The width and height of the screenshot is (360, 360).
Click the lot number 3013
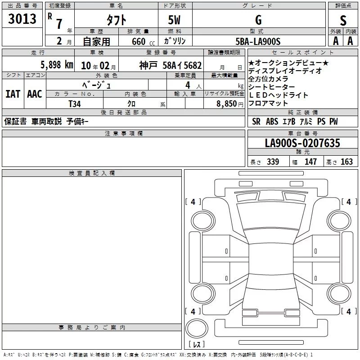pyautogui.click(x=22, y=18)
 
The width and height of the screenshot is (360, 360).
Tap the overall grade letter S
pyautogui.click(x=343, y=20)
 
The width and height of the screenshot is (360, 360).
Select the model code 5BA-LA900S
pyautogui.click(x=258, y=41)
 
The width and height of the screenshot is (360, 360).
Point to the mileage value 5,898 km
pyautogui.click(x=57, y=65)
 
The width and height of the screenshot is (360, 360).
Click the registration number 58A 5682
pyautogui.click(x=182, y=66)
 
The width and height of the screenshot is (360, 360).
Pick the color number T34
pyautogui.click(x=75, y=104)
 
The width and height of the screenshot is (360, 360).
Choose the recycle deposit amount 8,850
pyautogui.click(x=227, y=104)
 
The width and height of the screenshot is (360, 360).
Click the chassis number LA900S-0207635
pyautogui.click(x=302, y=143)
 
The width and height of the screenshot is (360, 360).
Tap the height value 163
pyautogui.click(x=346, y=162)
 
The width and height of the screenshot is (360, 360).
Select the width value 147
pyautogui.click(x=310, y=162)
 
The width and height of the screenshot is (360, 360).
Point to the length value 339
pyautogui.click(x=273, y=162)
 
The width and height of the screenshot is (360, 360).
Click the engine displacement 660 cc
pyautogui.click(x=143, y=42)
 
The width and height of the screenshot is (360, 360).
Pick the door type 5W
pyautogui.click(x=174, y=20)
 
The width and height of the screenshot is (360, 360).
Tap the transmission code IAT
pyautogui.click(x=13, y=94)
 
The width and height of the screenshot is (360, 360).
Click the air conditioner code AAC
pyautogui.click(x=35, y=94)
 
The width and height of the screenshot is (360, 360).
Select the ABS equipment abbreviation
pyautogui.click(x=272, y=121)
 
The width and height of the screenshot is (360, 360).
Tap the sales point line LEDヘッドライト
pyautogui.click(x=278, y=95)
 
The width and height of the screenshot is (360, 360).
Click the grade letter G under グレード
pyautogui.click(x=258, y=20)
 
